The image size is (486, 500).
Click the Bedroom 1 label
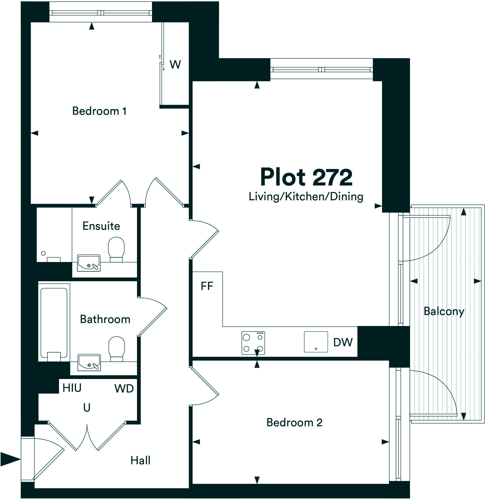coord(99,111)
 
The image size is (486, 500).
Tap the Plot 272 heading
coord(306,177)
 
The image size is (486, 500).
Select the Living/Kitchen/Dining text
coord(306,197)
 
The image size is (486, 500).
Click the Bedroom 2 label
coord(294,423)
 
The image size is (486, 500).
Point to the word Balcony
coord(444,311)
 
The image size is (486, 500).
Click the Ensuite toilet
coord(116,249)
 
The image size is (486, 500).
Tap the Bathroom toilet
coord(116,348)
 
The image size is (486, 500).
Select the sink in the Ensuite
coord(88,263)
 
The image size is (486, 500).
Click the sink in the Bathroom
coord(89,362)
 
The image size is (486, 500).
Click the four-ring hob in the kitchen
coord(253,343)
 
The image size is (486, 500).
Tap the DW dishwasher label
coord(343,342)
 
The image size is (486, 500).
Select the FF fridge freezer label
coord(207,286)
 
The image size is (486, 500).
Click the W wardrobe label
coord(175,64)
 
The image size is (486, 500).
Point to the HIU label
coord(72,388)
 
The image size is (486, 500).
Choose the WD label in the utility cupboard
coord(124,389)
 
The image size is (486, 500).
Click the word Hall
coord(140,460)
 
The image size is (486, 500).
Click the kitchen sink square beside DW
coord(316,342)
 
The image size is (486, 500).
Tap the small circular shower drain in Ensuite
coord(43,253)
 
